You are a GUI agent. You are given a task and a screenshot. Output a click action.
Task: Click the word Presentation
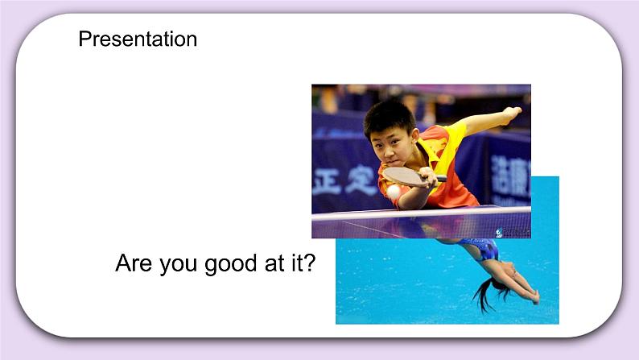point(138,39)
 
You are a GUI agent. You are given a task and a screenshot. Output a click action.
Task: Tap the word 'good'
point(234,264)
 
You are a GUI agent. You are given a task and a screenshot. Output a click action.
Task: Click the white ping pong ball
point(394,192)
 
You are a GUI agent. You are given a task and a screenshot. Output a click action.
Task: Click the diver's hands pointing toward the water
point(531,298)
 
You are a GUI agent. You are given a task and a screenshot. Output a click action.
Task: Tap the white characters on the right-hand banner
point(510,173)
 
